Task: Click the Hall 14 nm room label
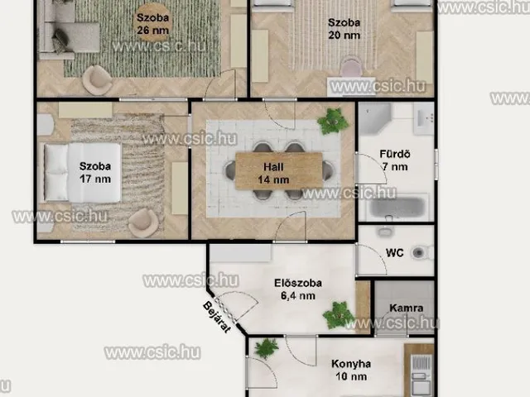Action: pyautogui.click(x=273, y=173)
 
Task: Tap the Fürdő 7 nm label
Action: pyautogui.click(x=395, y=160)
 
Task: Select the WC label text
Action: pyautogui.click(x=394, y=253)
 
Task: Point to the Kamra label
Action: pyautogui.click(x=407, y=308)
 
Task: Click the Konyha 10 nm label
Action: pyautogui.click(x=351, y=370)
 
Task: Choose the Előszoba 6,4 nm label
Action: pyautogui.click(x=298, y=289)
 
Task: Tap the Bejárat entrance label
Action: pyautogui.click(x=217, y=317)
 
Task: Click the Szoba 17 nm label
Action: pyautogui.click(x=95, y=173)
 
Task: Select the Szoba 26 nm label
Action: pyautogui.click(x=152, y=24)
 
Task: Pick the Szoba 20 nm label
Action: pyautogui.click(x=344, y=29)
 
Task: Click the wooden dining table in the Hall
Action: pyautogui.click(x=279, y=171)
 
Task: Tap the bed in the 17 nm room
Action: pyautogui.click(x=82, y=173)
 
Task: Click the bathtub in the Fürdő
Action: pyautogui.click(x=397, y=207)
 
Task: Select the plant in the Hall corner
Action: pyautogui.click(x=333, y=121)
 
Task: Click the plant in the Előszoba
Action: pyautogui.click(x=339, y=315)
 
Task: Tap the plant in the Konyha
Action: pyautogui.click(x=267, y=348)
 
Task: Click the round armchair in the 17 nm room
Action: pyautogui.click(x=143, y=222)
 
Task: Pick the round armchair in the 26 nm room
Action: pyautogui.click(x=98, y=79)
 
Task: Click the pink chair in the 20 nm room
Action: pyautogui.click(x=351, y=67)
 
